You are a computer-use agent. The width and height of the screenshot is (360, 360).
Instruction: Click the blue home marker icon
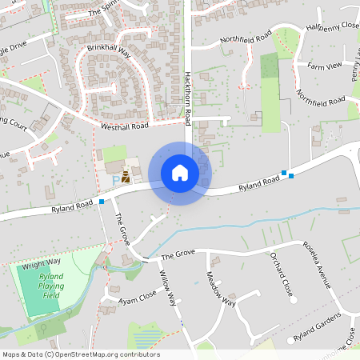click(x=180, y=173)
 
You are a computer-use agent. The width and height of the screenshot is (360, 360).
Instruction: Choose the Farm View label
click(x=325, y=65)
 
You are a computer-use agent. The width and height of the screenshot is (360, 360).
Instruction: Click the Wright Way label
click(x=42, y=263)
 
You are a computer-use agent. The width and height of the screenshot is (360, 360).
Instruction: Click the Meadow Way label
click(x=222, y=290)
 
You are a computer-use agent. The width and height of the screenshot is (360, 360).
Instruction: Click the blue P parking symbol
click(x=115, y=180)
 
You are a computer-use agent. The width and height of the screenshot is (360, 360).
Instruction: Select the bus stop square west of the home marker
click(x=102, y=202)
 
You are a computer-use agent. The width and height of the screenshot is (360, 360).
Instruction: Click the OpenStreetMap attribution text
click(x=81, y=354)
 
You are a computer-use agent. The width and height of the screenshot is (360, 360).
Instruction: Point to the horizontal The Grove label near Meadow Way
click(x=178, y=255)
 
